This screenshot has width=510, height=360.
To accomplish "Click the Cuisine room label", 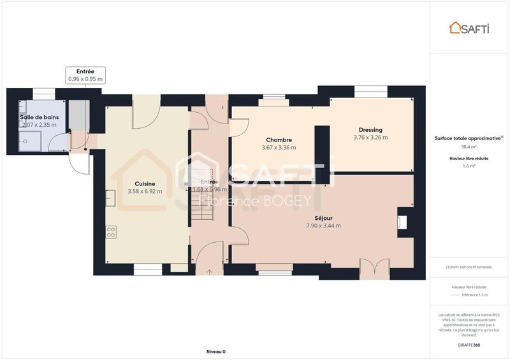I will (145, 184).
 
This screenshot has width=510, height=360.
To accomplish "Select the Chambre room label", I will (279, 140).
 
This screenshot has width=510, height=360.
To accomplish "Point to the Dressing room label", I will (370, 129).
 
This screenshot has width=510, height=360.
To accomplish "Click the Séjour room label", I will (323, 217).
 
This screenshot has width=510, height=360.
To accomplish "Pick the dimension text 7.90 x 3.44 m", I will (323, 225).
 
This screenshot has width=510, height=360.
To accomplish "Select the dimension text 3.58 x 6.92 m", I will (145, 191).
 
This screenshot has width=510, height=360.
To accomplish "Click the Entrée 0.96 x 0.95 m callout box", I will (85, 75).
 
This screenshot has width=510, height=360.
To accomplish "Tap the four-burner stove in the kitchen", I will (111, 232).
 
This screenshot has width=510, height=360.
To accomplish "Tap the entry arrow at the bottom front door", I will (209, 272).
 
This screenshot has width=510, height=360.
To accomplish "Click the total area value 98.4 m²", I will (469, 146).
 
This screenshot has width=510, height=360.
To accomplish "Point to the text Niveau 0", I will (215, 352).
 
